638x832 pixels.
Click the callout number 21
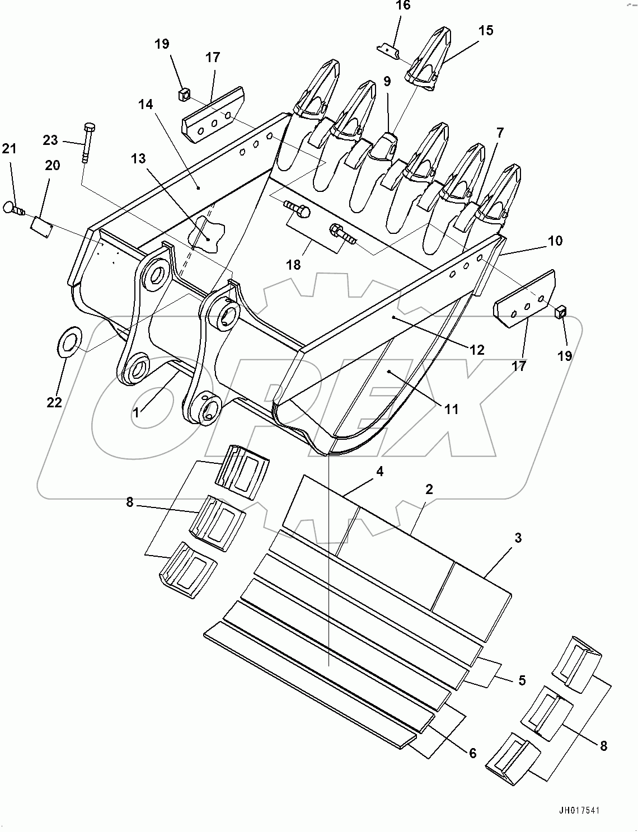coord(10,149)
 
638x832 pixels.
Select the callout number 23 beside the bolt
coord(51,140)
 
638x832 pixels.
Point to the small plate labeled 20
coord(40,225)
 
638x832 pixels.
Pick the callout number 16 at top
coord(402,6)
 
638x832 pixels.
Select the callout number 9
coord(387,81)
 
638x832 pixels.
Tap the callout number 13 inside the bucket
coord(138,159)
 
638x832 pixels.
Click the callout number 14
coord(146,105)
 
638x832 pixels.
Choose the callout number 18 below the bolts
coord(294,264)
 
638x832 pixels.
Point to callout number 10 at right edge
coord(555,241)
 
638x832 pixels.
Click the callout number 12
coord(477,350)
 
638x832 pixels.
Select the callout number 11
coord(451,409)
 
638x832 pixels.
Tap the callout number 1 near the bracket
coord(136,412)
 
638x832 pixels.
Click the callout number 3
coord(518,538)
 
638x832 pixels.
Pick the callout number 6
coord(473,754)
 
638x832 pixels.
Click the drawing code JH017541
coord(581,810)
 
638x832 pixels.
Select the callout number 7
coord(500,133)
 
